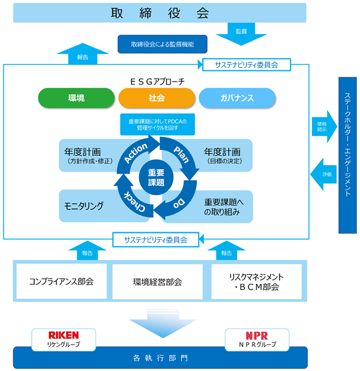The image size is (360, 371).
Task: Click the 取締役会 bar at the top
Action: (160, 13)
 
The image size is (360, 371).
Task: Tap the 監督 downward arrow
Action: (241, 34)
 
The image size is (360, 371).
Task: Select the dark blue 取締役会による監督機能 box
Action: (163, 44)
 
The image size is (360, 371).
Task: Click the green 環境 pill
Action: (76, 98)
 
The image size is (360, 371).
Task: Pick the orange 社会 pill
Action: (157, 98)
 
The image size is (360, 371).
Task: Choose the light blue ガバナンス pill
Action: (237, 98)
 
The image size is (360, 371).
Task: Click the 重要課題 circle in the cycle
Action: (156, 178)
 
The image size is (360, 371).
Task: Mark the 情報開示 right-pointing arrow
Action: (324, 127)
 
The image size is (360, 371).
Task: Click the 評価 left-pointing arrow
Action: (323, 174)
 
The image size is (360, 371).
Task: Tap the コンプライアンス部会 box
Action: (61, 282)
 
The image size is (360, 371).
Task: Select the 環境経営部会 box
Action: (158, 282)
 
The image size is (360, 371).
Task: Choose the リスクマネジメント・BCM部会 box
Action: (257, 282)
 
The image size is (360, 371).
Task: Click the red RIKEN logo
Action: (64, 335)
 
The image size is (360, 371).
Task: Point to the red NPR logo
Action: (257, 336)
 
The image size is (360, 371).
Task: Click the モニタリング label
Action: (84, 206)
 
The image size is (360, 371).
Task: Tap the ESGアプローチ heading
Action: (158, 82)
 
